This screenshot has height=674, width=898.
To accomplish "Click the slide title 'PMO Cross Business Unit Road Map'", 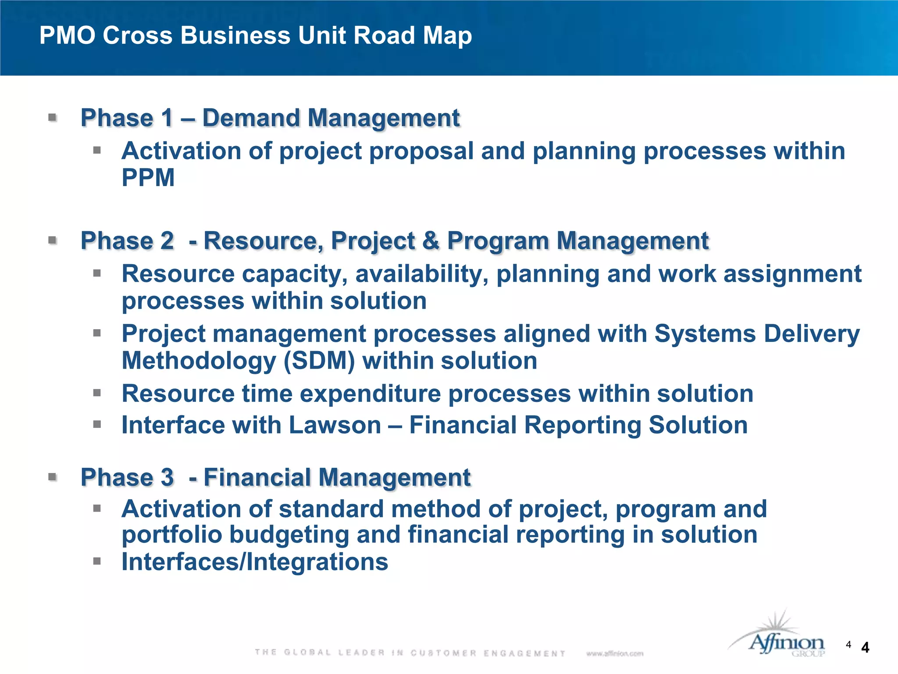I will tap(256, 35).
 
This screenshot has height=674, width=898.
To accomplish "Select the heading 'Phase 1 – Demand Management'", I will tap(270, 118).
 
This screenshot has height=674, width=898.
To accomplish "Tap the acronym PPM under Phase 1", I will tap(148, 178).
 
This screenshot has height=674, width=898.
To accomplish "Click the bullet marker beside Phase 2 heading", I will tap(53, 240).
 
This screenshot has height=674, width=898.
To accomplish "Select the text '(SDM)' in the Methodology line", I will tap(319, 361).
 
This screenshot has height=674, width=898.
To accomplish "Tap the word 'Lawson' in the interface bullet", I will tap(335, 425).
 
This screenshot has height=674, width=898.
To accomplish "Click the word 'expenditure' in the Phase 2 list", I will tap(371, 393).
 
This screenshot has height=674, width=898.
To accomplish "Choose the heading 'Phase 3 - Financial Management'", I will tap(275, 477).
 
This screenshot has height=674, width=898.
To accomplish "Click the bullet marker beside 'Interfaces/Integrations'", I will tap(97, 561).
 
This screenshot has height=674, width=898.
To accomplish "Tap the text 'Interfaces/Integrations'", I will tap(255, 562).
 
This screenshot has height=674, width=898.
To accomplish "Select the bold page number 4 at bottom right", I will tap(865, 648).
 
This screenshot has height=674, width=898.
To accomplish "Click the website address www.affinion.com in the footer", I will tap(615, 653).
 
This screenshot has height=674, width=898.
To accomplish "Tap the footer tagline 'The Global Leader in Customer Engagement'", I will tap(410, 653).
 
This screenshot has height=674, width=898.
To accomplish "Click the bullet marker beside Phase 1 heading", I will tap(53, 118).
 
